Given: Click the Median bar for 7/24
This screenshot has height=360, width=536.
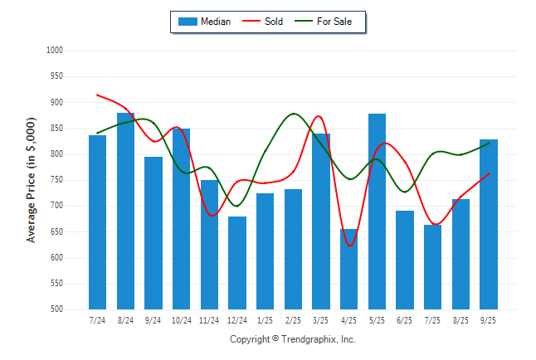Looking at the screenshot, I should click(97, 221).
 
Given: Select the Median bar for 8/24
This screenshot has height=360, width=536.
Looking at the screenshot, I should click(125, 211).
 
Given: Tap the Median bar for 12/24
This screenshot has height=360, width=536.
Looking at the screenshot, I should click(237, 262).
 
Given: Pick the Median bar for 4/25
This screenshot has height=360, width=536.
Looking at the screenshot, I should click(348, 269).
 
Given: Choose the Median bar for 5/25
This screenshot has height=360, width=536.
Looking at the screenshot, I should click(377, 211).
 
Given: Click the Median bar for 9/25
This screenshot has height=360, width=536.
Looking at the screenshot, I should click(489, 224).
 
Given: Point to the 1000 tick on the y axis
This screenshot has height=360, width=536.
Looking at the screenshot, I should click(56, 51).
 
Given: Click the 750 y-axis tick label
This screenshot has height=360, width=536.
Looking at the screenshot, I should click(57, 180).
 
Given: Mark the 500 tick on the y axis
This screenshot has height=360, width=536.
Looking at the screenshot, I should click(57, 309).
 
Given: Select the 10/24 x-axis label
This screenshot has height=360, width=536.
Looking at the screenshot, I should click(181, 320).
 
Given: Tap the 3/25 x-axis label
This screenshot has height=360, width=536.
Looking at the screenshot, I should click(321, 320).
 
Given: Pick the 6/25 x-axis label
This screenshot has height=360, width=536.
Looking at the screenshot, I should click(405, 320).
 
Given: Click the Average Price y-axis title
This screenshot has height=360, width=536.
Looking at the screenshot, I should click(32, 180).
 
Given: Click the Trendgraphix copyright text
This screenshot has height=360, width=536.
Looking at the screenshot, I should click(292, 339).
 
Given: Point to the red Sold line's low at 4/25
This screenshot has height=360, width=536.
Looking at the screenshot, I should click(349, 246).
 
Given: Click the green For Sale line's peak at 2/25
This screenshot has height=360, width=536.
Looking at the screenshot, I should click(294, 114).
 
